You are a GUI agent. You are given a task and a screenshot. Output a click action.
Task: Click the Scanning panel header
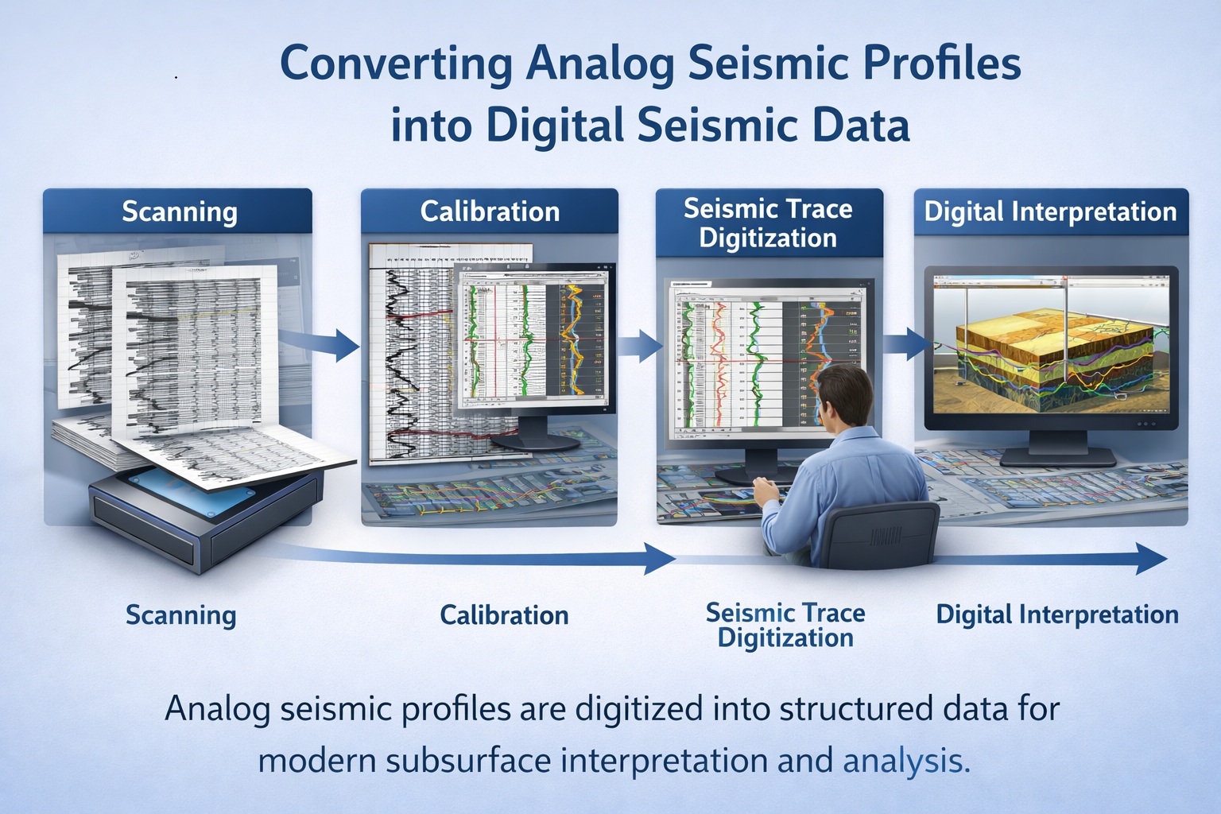coord(179,211)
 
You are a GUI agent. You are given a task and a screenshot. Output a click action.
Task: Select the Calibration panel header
coord(490,211)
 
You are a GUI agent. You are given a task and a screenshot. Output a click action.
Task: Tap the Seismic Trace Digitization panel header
coord(768,223)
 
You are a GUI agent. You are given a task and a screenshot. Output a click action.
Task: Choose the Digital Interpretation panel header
coord(1050,211)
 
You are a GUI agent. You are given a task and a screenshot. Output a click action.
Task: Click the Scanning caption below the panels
coord(180,615)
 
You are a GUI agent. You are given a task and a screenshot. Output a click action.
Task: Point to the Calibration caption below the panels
coord(504,615)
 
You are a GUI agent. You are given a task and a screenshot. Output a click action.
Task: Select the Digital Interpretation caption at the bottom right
coord(1056,614)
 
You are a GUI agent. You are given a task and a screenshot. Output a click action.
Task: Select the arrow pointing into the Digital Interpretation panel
coord(906,344)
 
